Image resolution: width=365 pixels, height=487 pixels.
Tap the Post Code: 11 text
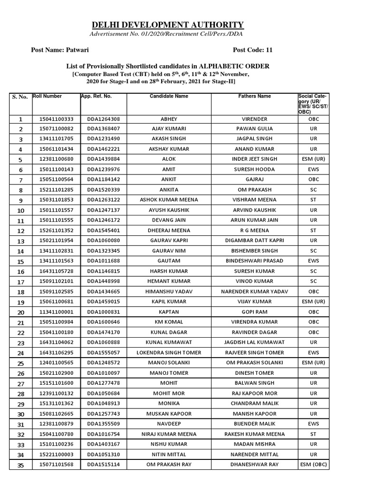252,49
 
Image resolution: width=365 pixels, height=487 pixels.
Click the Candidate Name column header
169,96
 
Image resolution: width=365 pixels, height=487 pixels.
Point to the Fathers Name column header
254,96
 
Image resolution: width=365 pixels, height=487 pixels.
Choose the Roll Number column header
47,96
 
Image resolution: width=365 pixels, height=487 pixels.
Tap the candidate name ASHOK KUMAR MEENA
169,200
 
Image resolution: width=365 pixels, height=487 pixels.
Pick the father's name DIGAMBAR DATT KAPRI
254,241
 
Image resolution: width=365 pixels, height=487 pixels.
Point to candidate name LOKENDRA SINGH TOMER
169,352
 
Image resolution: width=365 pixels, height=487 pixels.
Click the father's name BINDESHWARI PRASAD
254,261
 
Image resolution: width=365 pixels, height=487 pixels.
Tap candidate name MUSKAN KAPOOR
169,413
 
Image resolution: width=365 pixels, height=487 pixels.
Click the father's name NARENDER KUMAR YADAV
254,291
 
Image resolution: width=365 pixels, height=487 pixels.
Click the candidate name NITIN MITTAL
169,454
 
